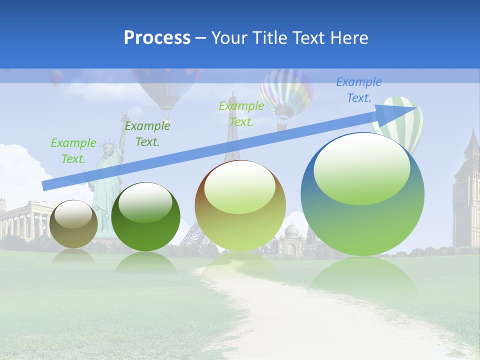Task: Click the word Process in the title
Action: point(157,38)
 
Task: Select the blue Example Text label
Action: point(359,90)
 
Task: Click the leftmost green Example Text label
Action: point(73,150)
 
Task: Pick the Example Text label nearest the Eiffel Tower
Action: point(241,113)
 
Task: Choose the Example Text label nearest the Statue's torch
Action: point(147,133)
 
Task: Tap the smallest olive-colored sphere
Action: point(73,223)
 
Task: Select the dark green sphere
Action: point(145,216)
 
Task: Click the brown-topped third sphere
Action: point(240,205)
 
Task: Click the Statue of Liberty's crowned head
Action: point(108,149)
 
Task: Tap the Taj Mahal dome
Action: point(291,230)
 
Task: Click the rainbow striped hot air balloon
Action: point(286,92)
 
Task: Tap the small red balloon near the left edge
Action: point(56,77)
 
